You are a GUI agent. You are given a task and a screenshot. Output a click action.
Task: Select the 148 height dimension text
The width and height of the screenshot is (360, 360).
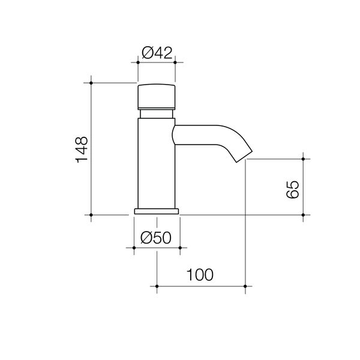(x=82, y=149)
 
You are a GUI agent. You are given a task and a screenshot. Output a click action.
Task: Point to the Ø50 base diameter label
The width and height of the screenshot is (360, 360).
(x=156, y=238)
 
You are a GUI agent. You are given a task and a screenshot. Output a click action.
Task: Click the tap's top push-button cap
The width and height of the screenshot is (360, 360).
(x=157, y=95)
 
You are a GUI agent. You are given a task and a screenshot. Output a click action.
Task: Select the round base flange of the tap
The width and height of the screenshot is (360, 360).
(x=157, y=211)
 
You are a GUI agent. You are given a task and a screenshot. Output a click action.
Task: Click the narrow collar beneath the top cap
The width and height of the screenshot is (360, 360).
(x=157, y=113)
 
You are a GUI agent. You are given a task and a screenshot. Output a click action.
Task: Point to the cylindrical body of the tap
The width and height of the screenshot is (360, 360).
(x=157, y=162)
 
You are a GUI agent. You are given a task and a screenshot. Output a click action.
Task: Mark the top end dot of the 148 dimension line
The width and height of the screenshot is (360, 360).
(x=91, y=82)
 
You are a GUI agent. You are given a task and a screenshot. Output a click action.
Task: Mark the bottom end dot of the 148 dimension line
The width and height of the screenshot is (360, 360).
(x=91, y=214)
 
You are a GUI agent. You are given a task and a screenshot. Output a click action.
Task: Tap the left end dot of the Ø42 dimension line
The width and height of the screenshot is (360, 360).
(x=138, y=62)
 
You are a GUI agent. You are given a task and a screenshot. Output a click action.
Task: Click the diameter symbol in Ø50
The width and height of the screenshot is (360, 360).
(x=146, y=238)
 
